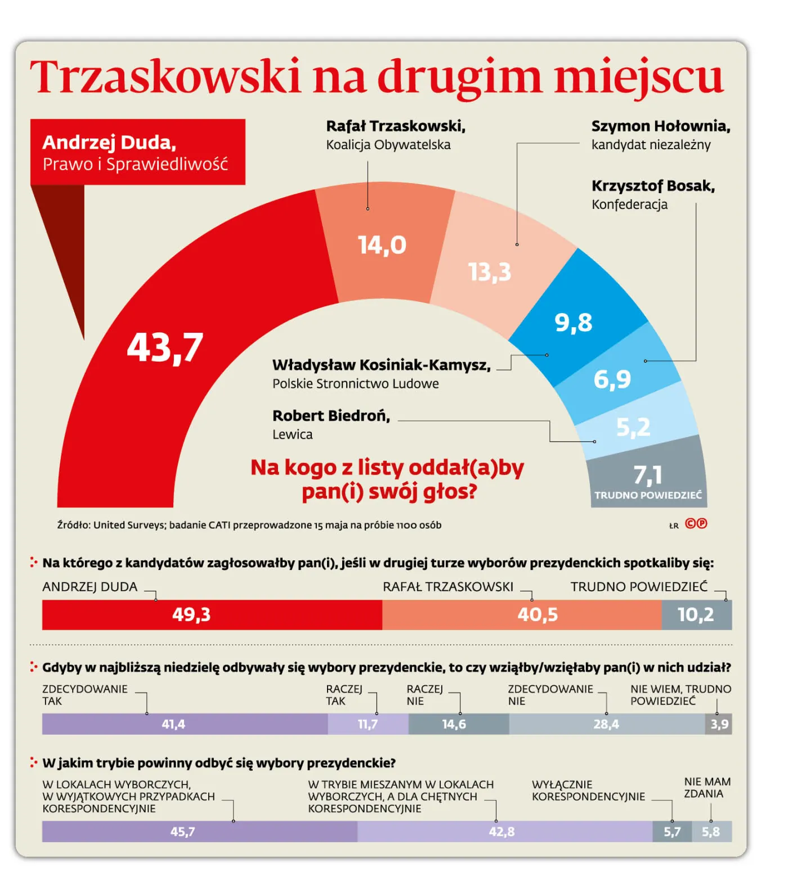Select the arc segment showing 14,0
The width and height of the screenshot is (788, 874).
[x=383, y=245]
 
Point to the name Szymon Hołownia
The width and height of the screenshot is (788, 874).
[x=660, y=126]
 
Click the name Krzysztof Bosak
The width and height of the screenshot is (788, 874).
[x=653, y=186]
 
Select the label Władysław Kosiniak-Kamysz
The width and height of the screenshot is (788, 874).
[x=381, y=365]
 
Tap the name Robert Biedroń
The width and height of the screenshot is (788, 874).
[x=331, y=416]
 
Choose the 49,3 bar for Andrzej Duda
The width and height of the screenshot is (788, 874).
[x=191, y=614]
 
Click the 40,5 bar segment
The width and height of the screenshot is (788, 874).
[x=538, y=614]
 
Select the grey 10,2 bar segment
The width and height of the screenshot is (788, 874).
[x=696, y=614]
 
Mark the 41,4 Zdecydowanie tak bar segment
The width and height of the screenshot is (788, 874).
[x=173, y=724]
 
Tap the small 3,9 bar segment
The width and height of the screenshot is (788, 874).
[x=719, y=724]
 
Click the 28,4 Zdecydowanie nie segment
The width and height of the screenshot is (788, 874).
[x=606, y=724]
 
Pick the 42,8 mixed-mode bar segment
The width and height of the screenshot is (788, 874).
[x=502, y=832]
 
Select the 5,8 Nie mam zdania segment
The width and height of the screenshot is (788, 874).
[x=711, y=832]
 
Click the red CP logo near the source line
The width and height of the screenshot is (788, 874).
[x=696, y=524]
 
